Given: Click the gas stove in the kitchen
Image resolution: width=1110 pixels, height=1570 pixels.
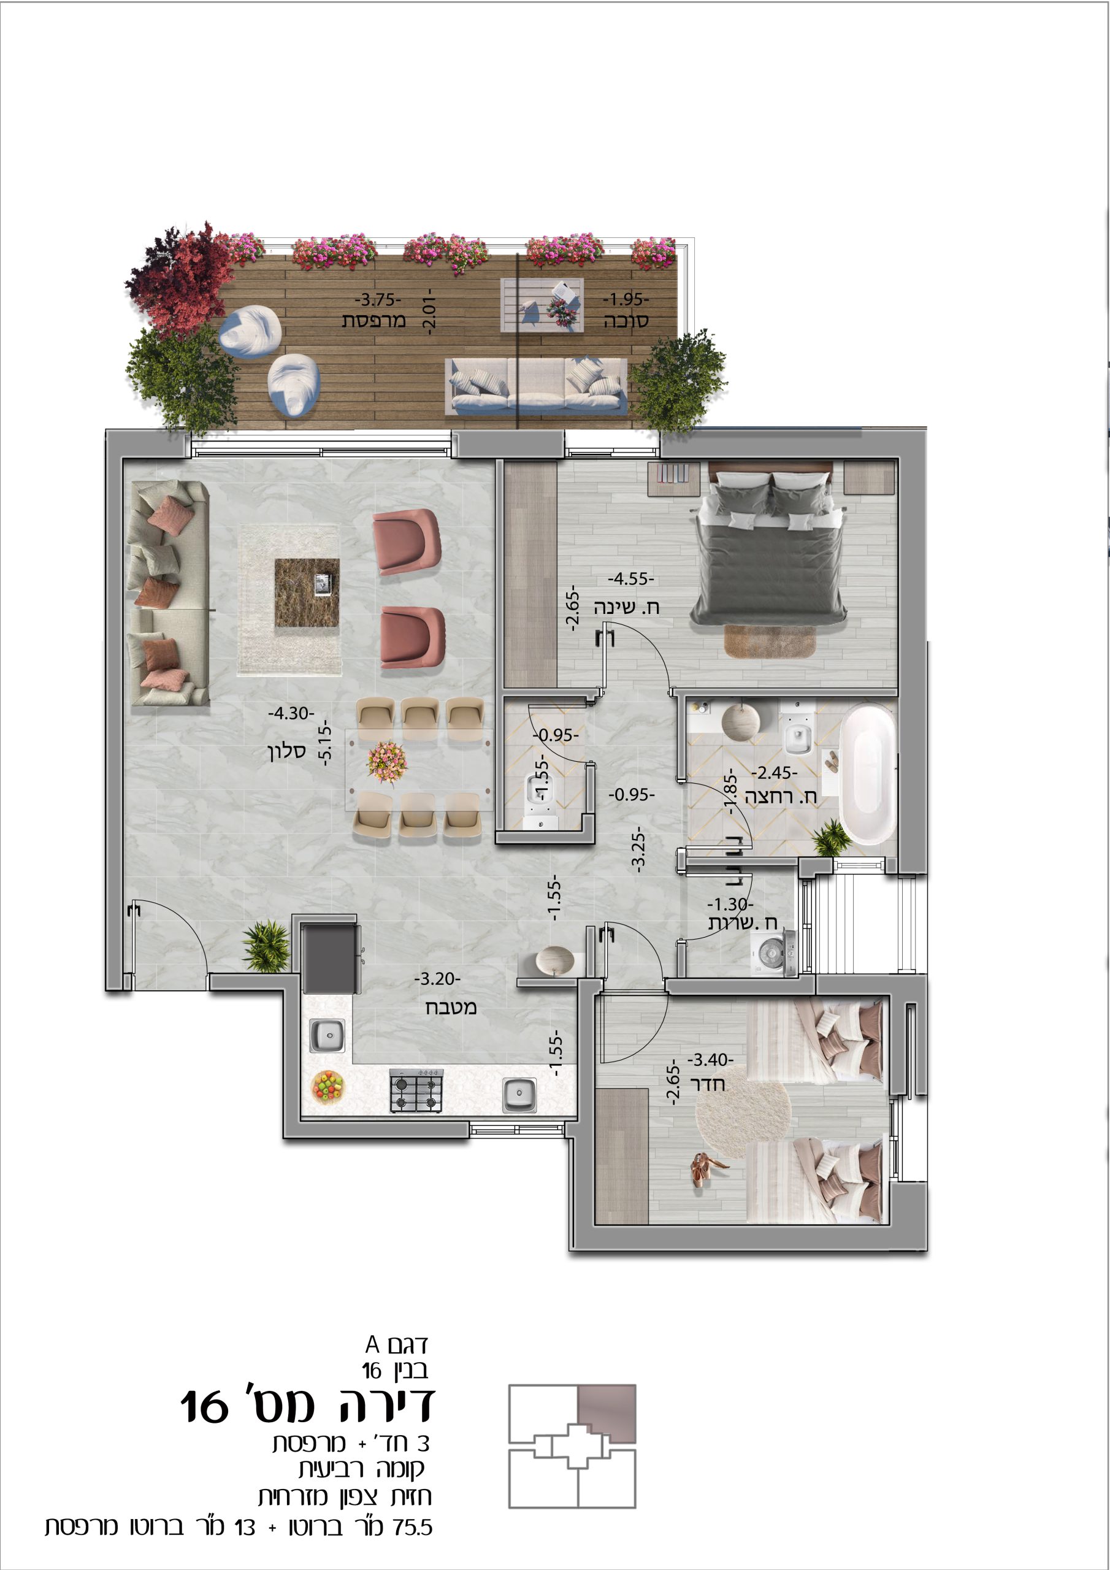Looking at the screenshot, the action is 416,1090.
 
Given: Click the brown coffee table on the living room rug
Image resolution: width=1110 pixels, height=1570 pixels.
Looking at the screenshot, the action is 307,592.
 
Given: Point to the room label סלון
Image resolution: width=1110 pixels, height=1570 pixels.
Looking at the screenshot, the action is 286,751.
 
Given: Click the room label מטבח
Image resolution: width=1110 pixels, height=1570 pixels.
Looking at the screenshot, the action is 451,1007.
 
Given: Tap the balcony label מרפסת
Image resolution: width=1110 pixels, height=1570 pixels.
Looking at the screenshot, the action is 374,320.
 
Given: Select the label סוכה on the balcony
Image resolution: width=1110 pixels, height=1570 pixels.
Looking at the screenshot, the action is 626,321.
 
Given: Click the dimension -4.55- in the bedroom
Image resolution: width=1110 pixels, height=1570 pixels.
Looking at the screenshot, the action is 630,578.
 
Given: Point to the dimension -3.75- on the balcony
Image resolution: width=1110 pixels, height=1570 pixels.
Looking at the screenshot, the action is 378,299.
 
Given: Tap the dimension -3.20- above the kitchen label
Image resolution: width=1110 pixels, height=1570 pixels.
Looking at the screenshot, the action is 437,979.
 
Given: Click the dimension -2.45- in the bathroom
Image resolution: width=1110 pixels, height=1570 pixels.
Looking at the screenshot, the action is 774,773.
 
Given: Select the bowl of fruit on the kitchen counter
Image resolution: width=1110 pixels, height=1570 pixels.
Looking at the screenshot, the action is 327,1087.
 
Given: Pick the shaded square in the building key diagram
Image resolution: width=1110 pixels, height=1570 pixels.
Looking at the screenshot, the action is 607,1414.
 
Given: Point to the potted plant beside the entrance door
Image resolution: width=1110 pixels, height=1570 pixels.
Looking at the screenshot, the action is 267,946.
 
